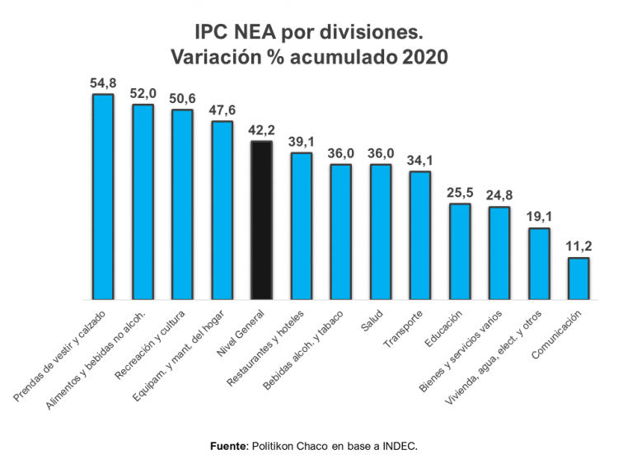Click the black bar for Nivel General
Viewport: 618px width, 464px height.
point(261,221)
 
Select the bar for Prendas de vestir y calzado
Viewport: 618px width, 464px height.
point(103,197)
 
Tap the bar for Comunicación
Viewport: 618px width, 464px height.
point(578,279)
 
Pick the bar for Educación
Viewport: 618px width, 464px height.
point(460,251)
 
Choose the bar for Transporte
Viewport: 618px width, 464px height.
point(420,236)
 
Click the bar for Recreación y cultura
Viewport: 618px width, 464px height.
point(182,204)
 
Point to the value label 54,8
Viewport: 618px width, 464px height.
point(103,83)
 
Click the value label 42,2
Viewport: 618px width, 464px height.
point(261,131)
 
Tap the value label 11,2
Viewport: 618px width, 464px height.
point(578,247)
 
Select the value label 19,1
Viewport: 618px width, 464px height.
point(539,218)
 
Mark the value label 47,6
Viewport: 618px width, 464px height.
point(222,110)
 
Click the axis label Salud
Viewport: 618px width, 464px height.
point(371,322)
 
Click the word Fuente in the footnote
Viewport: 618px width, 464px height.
point(227,446)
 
